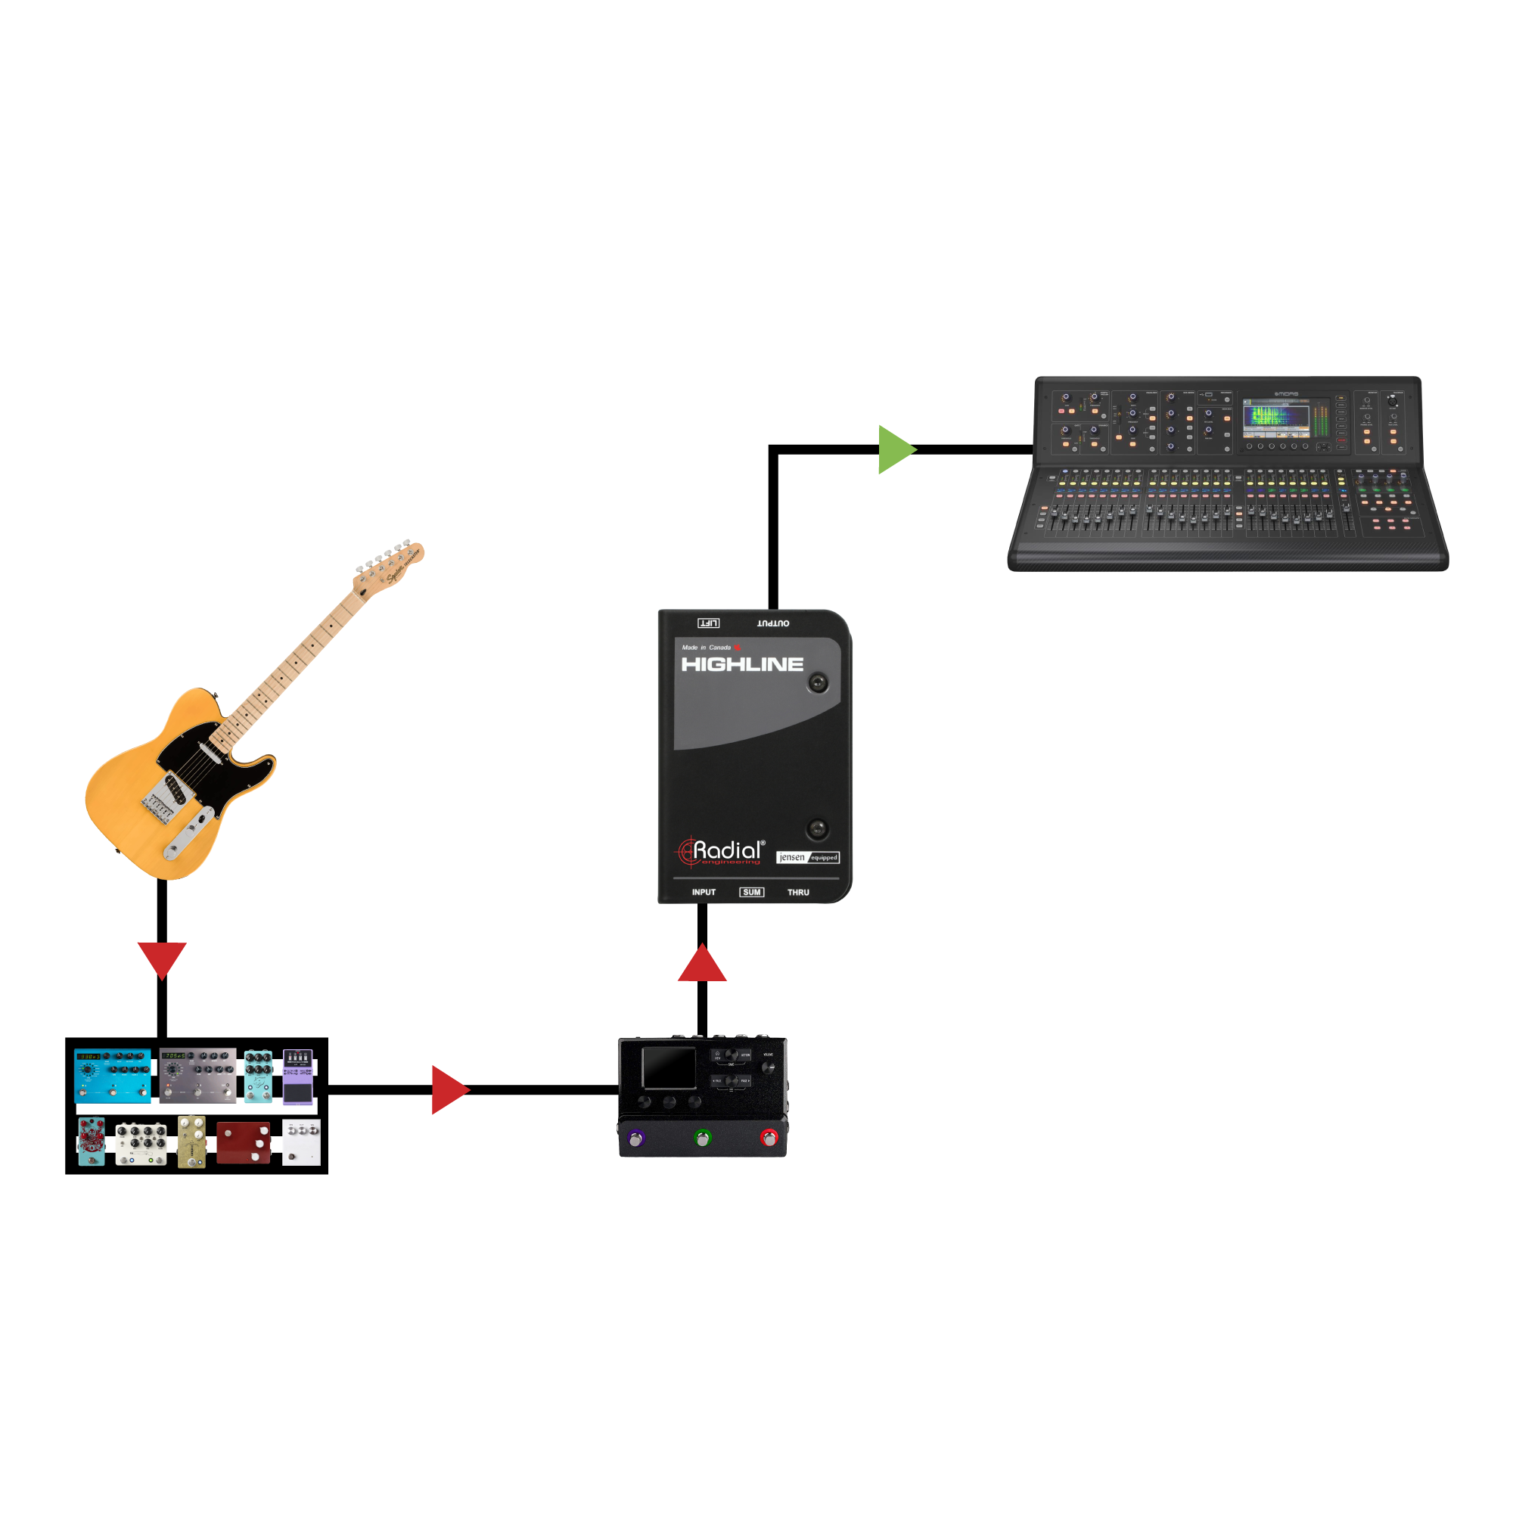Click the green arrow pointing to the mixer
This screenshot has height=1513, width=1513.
point(895,449)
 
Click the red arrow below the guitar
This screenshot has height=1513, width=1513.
point(162,958)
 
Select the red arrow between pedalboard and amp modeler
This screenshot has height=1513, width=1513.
point(449,1089)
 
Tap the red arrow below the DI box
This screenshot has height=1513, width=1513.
point(703,964)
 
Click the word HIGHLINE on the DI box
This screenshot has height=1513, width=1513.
point(741,664)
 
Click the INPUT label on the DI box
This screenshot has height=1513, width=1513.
point(704,892)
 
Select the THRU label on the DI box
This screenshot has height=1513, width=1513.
point(798,892)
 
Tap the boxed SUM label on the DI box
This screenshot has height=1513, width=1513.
point(751,892)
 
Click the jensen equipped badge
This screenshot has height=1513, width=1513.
point(807,857)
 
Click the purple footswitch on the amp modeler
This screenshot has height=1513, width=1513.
point(636,1138)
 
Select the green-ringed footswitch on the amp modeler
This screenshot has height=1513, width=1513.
point(703,1138)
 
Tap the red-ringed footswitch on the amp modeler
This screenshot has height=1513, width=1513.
point(769,1138)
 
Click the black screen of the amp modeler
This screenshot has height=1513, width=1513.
point(669,1067)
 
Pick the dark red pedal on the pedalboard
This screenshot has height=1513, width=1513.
point(244,1142)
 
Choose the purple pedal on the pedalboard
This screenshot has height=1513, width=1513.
point(297,1076)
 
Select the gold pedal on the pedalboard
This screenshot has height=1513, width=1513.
point(192,1142)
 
